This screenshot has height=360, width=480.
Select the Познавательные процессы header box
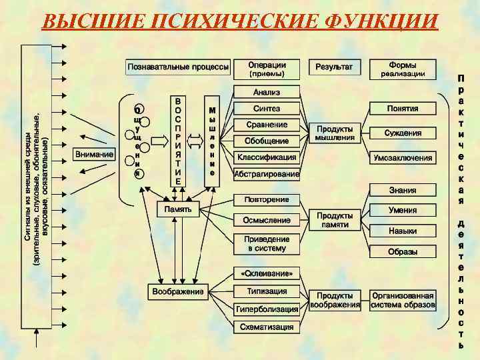tap(178, 67)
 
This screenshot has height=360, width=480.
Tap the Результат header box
tap(335, 67)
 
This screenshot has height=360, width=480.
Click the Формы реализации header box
tap(403, 69)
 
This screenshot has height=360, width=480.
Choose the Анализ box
tap(266, 92)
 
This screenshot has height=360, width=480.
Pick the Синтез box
tap(266, 109)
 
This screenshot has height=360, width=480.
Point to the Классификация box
tap(266, 158)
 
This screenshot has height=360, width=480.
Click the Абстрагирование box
tap(266, 175)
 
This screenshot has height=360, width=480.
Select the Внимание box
tap(94, 155)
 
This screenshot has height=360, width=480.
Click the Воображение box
tap(177, 292)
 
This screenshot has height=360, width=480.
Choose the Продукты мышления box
tap(335, 133)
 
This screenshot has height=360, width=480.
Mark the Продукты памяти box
tap(335, 221)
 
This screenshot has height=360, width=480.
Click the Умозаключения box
tap(403, 159)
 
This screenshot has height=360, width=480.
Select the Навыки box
tap(403, 231)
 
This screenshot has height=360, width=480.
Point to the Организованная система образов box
tap(403, 300)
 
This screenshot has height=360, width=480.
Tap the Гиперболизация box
tap(266, 309)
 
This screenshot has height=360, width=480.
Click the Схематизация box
tap(266, 327)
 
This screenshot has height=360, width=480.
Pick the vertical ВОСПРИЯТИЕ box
tap(177, 141)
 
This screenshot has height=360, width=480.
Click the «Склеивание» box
tap(266, 274)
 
